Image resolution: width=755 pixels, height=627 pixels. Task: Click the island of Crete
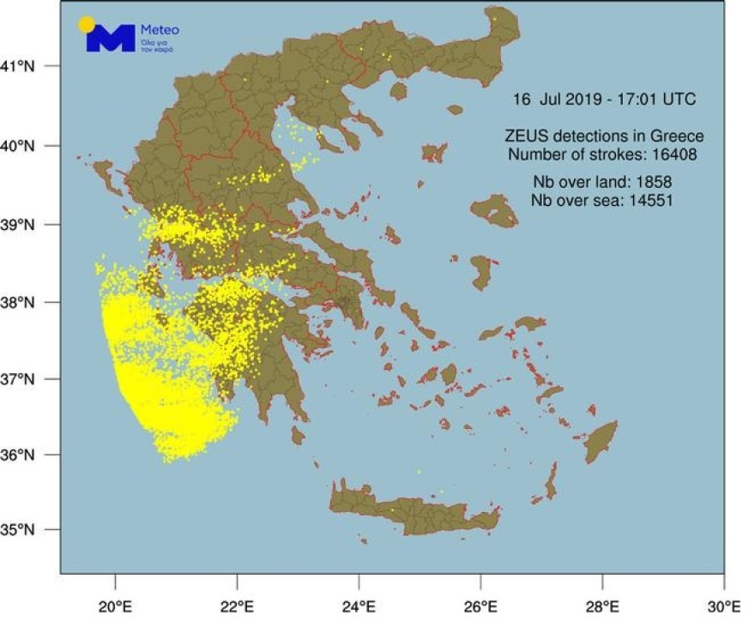pos(412,511)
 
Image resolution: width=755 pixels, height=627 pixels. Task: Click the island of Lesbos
pos(493,210)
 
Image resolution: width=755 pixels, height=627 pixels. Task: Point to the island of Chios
pos(481,272)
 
